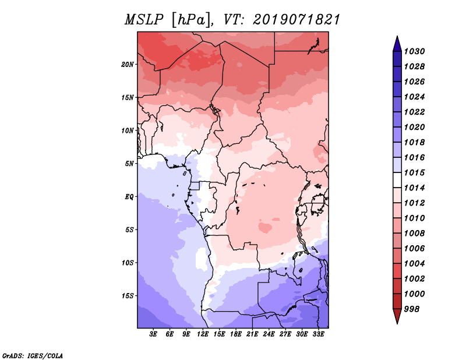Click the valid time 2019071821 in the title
pyautogui.click(x=296, y=19)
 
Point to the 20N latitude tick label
pyautogui.click(x=128, y=64)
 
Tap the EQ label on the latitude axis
pyautogui.click(x=129, y=196)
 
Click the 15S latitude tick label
pyautogui.click(x=128, y=295)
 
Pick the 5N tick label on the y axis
pyautogui.click(x=129, y=163)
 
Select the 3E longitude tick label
pyautogui.click(x=154, y=334)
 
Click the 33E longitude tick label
pyautogui.click(x=318, y=334)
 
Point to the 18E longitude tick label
pyautogui.click(x=236, y=334)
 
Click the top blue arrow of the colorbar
pyautogui.click(x=396, y=43)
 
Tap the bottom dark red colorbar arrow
pyautogui.click(x=396, y=316)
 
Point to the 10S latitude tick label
pyautogui.click(x=128, y=263)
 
